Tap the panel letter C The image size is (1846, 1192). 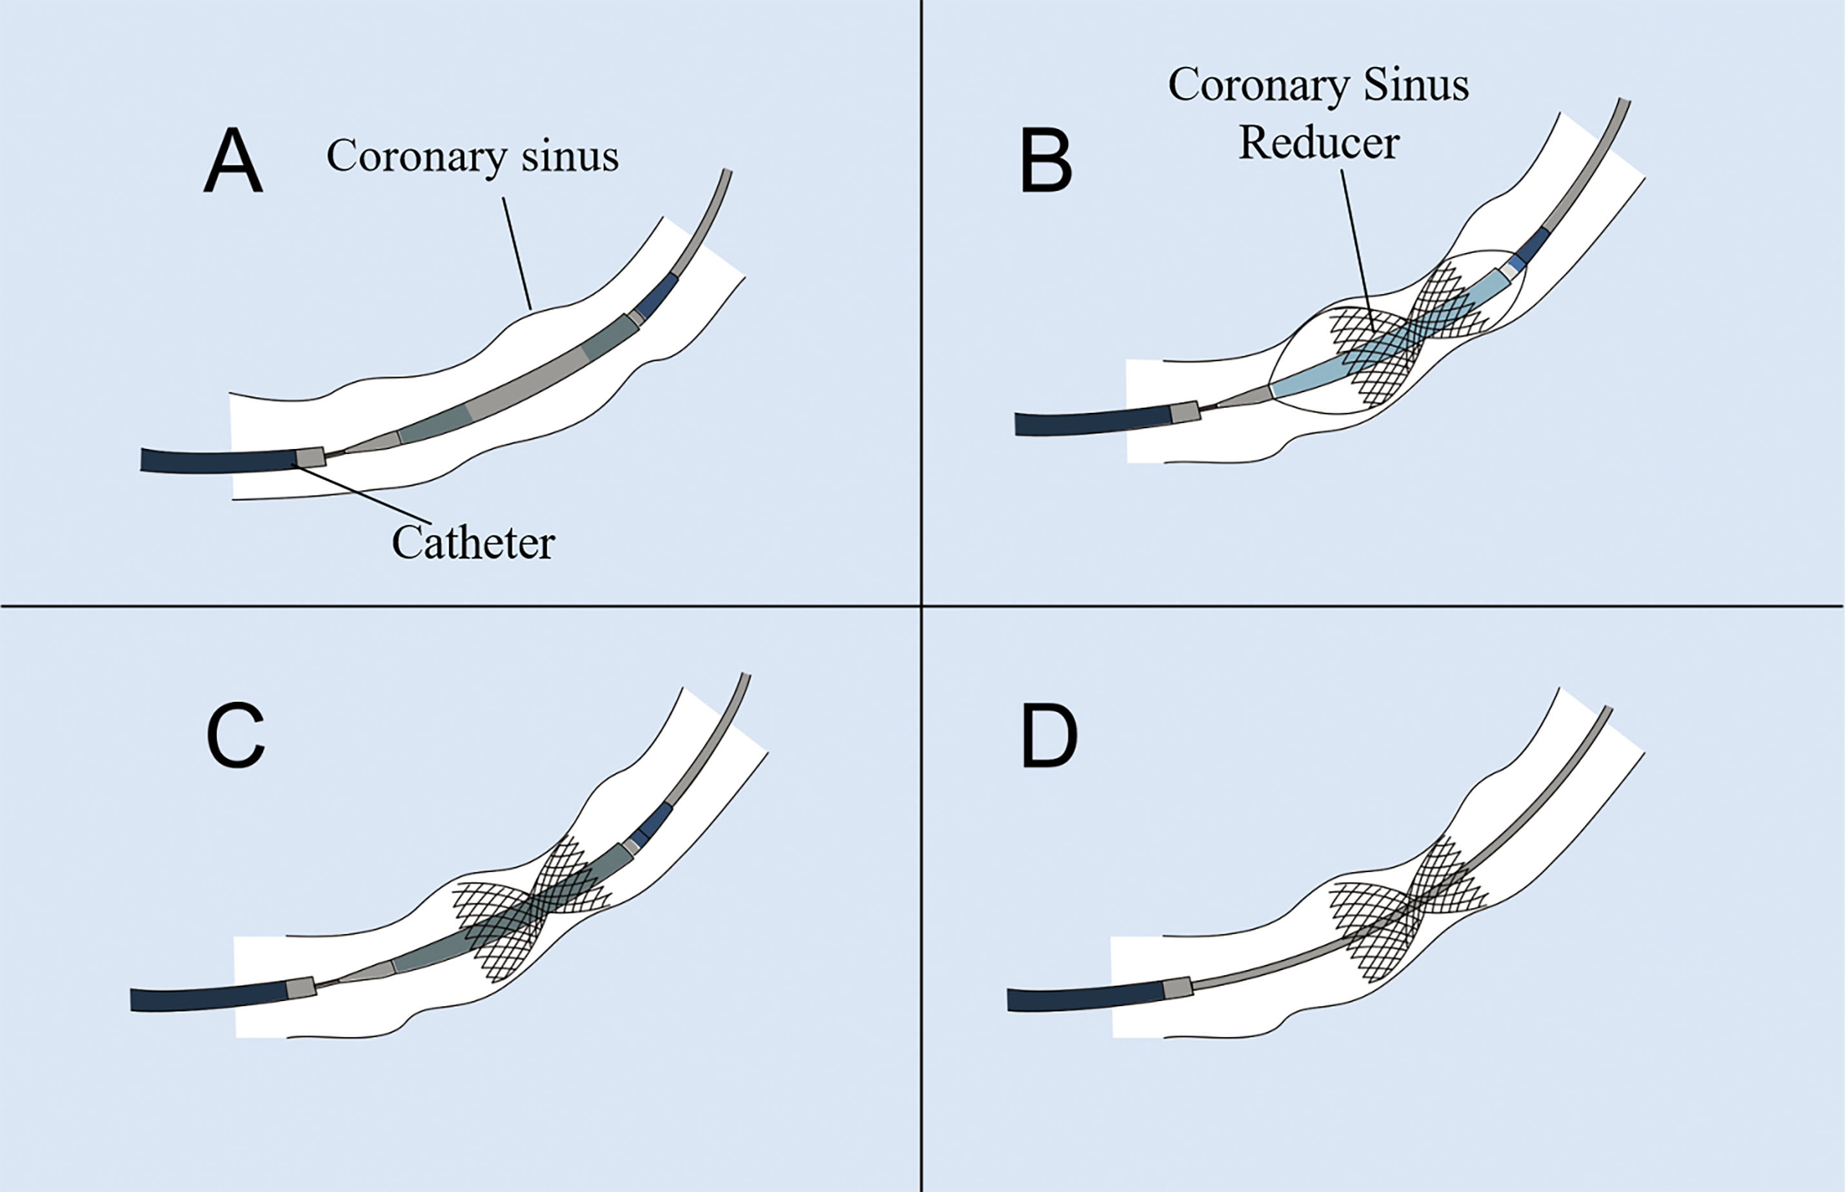[x=235, y=735]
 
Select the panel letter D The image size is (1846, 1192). [x=1049, y=735]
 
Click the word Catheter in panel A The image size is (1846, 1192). [x=473, y=542]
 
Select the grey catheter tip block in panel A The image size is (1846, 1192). [x=311, y=457]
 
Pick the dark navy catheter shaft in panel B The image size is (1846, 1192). [x=1091, y=422]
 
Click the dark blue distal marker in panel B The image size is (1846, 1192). [x=1533, y=244]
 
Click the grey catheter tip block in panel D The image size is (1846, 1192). [x=1177, y=988]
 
